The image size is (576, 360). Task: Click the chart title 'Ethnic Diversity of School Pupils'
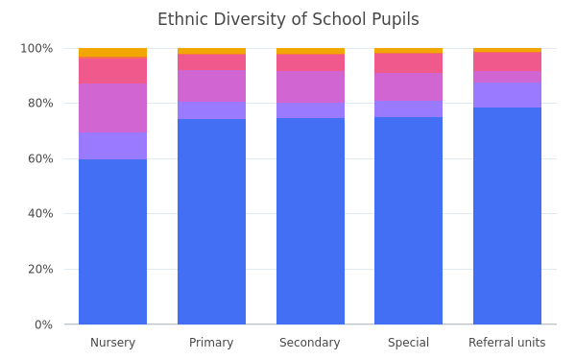288,19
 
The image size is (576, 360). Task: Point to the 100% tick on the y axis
36,48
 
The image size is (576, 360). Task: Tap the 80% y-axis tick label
40,104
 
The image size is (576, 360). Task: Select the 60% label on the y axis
40,158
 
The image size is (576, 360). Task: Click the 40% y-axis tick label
40,213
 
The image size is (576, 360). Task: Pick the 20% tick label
40,269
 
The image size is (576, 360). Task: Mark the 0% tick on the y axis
44,324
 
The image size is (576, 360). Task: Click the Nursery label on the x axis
112,343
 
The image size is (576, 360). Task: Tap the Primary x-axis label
211,343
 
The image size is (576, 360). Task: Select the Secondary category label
310,343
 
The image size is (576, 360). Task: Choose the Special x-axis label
409,343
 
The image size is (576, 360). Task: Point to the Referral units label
507,343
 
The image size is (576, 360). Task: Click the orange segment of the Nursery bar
112,53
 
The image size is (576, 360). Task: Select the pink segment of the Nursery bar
112,70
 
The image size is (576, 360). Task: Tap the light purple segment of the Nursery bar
112,146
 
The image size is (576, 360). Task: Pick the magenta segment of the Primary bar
211,86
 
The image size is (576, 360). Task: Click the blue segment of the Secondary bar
310,221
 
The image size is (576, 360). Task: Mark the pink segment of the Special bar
409,62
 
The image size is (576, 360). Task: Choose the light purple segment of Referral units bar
507,95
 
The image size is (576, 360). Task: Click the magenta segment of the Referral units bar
507,77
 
